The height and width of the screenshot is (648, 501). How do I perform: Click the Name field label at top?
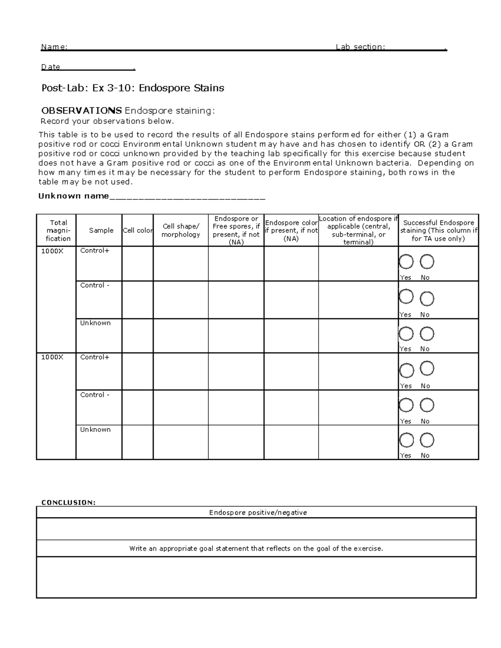(54, 47)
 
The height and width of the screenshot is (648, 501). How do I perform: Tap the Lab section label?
(360, 47)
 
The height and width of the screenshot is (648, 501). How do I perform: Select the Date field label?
(51, 67)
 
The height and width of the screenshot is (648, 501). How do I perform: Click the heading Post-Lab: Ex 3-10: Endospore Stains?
(132, 88)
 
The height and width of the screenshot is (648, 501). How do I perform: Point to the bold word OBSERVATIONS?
(81, 111)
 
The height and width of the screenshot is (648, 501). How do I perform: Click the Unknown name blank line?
(187, 197)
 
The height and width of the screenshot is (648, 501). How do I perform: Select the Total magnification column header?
(58, 230)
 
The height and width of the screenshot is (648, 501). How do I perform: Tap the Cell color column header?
(137, 230)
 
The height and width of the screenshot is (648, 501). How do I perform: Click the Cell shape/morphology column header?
(181, 230)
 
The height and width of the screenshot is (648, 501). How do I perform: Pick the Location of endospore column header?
(358, 230)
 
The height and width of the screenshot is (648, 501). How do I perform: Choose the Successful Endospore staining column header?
(438, 230)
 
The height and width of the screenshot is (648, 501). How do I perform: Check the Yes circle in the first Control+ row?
(406, 262)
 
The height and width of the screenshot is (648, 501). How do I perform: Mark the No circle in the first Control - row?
(427, 299)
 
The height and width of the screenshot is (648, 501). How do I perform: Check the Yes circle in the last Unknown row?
(406, 440)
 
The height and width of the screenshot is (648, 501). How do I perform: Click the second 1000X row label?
(52, 357)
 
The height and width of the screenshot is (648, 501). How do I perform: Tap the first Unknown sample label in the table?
(95, 323)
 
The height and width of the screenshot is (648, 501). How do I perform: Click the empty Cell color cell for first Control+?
(137, 263)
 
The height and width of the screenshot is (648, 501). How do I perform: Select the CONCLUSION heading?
(68, 502)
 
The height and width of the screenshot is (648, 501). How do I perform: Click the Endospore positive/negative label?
(258, 512)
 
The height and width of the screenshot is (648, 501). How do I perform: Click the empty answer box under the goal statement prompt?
(256, 577)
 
